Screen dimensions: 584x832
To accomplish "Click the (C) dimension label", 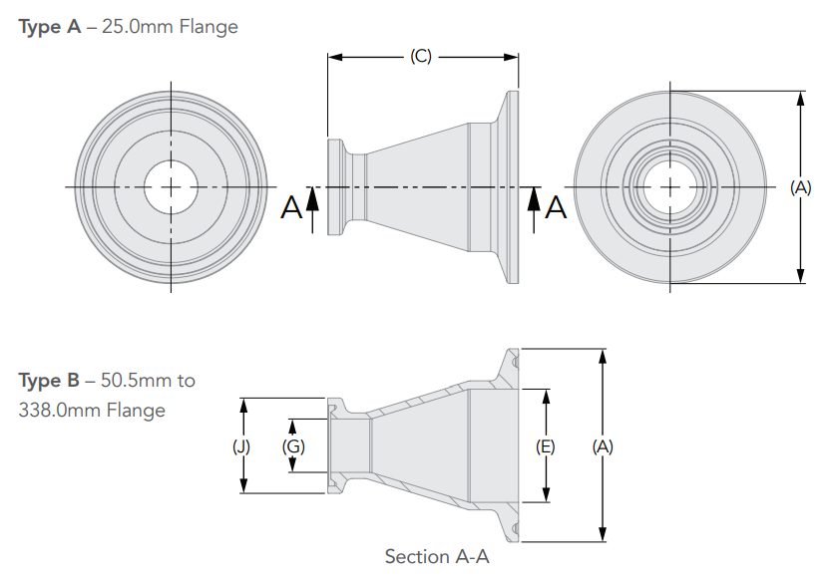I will pos(420,57).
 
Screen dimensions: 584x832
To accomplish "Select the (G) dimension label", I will pos(293,446).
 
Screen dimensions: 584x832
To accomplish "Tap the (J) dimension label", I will pos(241,446).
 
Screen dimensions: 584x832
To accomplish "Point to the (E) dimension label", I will pos(545,446).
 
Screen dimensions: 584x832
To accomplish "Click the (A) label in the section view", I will pos(602,446).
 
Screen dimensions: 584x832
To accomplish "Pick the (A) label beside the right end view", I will pos(800,186).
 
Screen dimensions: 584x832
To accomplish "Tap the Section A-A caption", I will pos(437,556).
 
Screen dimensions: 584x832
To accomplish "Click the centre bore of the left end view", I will pos(171,186).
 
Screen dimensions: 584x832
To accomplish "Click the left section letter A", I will pos(291,207).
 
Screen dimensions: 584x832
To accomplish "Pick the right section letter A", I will pos(557,207).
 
